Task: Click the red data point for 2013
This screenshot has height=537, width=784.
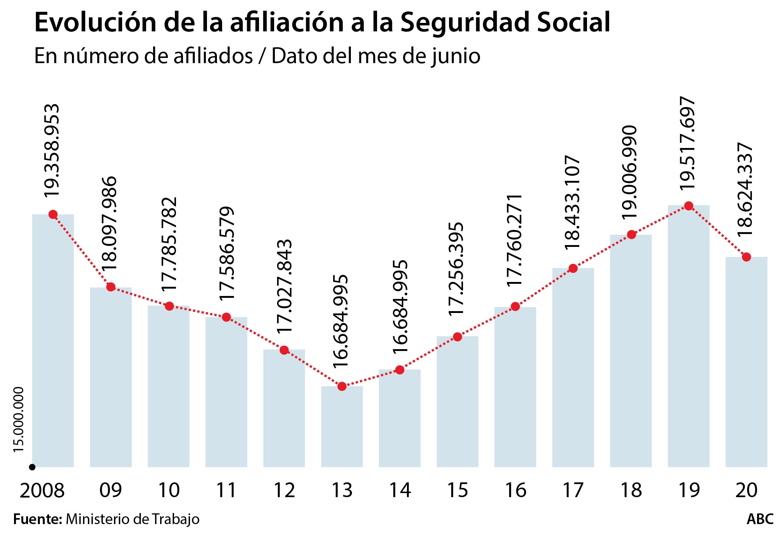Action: (342, 386)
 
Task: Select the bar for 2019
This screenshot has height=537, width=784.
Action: (688, 336)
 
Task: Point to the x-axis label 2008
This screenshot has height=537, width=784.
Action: (42, 491)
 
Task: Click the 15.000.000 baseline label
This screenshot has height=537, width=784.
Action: (18, 419)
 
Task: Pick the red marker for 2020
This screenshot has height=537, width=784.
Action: (746, 257)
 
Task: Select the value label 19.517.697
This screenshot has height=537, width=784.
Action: (687, 144)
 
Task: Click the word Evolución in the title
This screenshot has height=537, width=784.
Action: (96, 23)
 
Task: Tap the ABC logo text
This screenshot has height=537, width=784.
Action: (760, 519)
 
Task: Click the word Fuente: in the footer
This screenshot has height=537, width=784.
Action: (38, 519)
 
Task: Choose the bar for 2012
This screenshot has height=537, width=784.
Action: (284, 408)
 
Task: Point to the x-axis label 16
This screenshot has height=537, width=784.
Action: (515, 491)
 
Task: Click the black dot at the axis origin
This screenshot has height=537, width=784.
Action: (32, 467)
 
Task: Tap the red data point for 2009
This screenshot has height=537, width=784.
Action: (111, 287)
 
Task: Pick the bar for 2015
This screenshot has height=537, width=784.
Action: (457, 402)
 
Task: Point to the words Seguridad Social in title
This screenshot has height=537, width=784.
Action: (505, 23)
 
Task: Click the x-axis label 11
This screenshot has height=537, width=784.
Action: (226, 491)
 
